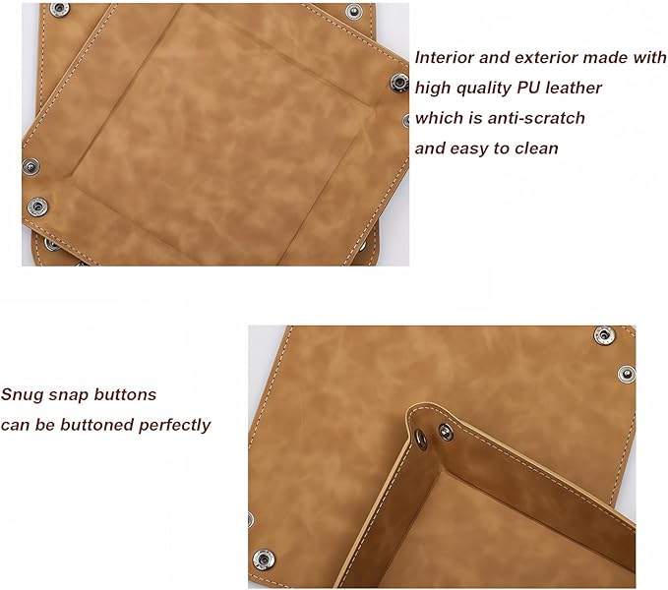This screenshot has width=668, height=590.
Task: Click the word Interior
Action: [444, 57]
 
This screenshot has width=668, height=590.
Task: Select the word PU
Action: [528, 88]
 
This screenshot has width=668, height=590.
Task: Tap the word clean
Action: [536, 148]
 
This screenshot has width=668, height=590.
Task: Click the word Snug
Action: [23, 395]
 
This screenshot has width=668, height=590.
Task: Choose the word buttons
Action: [125, 394]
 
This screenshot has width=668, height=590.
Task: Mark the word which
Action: [439, 118]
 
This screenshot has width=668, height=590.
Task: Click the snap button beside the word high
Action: [399, 83]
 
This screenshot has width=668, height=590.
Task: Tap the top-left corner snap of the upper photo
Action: [60, 9]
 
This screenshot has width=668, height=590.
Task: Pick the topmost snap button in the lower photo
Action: [604, 335]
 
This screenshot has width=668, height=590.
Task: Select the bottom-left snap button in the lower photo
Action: [264, 560]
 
